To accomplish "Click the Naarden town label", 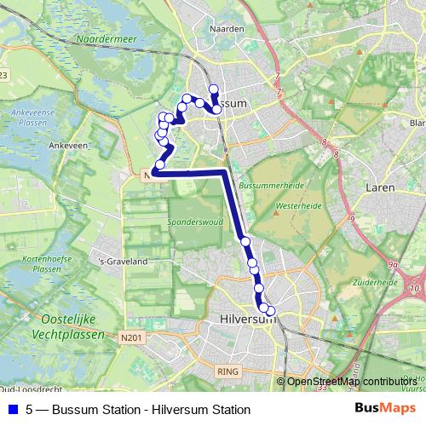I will [x=227, y=28].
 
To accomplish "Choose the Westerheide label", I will [x=297, y=205].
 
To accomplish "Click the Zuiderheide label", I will [x=376, y=281].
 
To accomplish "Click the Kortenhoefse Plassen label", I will [x=43, y=262].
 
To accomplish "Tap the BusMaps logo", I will [x=384, y=408].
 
